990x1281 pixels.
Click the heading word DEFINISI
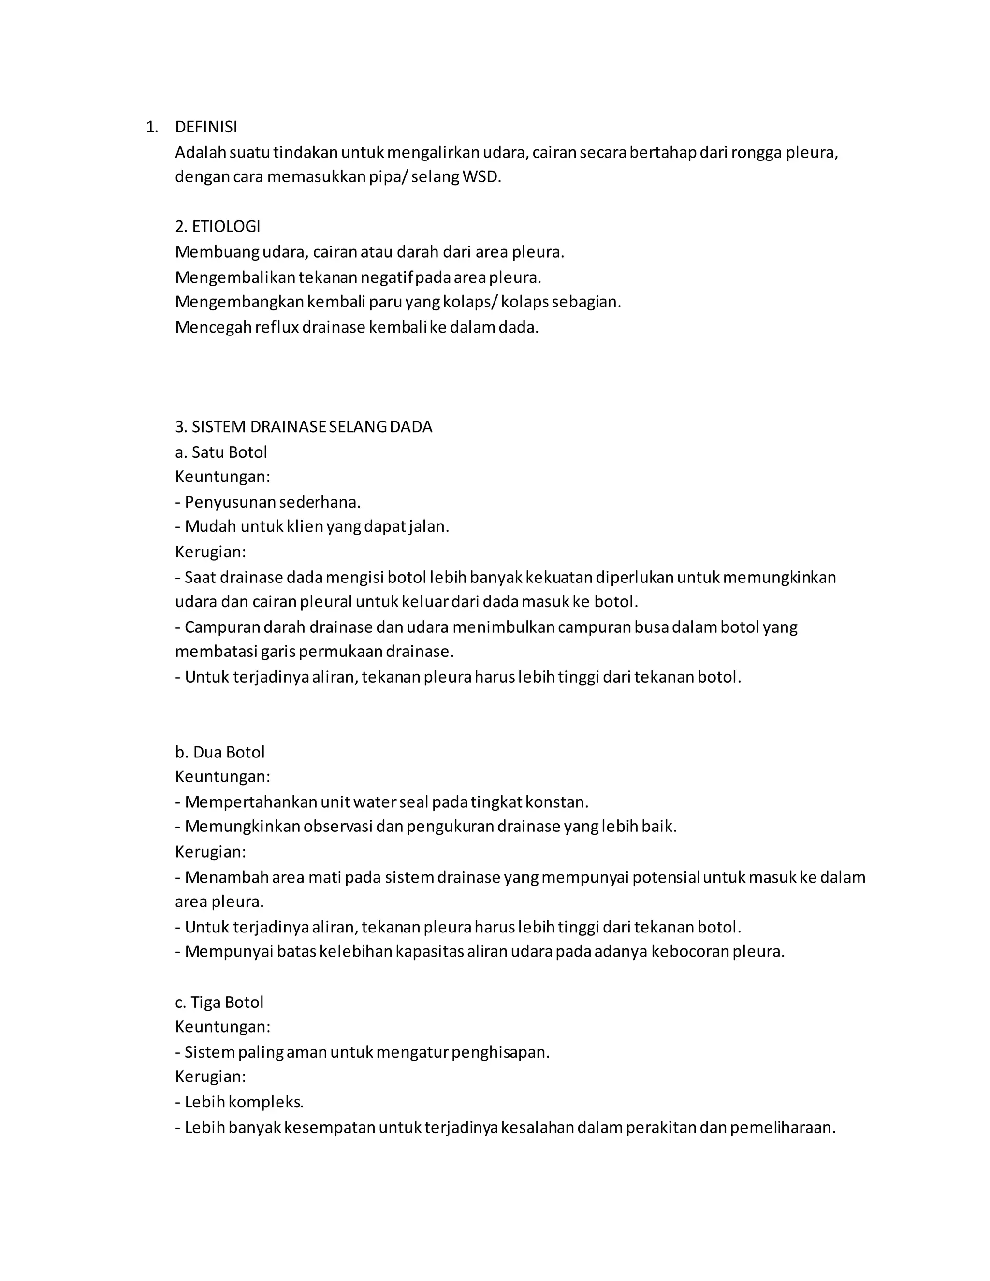206,127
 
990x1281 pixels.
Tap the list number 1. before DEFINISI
152,127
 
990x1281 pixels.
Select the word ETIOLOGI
226,227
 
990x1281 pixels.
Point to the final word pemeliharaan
783,1127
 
